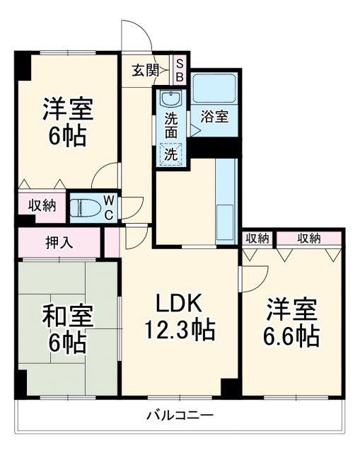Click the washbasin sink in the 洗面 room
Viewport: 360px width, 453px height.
[170, 98]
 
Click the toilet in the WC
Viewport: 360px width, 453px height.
[86, 207]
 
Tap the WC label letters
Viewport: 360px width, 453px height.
[110, 206]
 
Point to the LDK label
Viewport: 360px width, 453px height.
[180, 304]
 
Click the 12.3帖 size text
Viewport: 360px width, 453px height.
[180, 329]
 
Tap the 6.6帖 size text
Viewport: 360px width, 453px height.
[291, 336]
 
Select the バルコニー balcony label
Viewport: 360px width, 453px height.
[180, 414]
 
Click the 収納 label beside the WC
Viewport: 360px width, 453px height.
[42, 206]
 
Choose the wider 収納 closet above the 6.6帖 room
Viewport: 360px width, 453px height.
[308, 238]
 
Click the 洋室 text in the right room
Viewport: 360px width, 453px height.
[291, 310]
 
